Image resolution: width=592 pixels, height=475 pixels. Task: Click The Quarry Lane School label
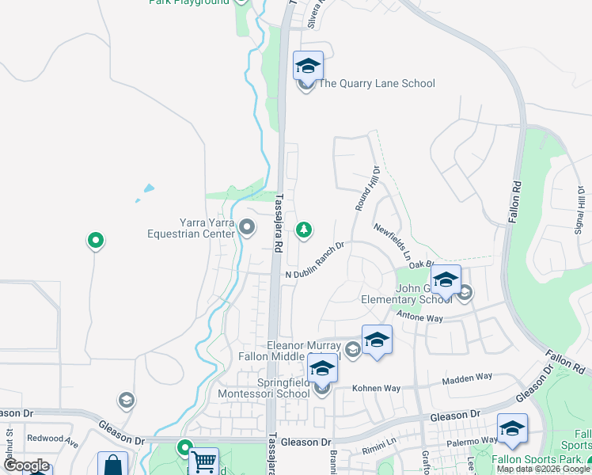point(377,84)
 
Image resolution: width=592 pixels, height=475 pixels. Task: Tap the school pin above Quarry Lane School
point(307,65)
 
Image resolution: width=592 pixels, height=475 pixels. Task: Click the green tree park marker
point(302,230)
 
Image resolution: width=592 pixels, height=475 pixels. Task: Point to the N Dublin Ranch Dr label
point(315,261)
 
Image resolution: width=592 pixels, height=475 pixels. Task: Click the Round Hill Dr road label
point(366,188)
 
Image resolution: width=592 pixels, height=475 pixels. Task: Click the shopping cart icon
point(204,462)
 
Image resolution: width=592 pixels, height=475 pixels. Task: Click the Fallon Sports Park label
point(537,459)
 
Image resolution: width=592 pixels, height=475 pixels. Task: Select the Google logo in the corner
point(25,465)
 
